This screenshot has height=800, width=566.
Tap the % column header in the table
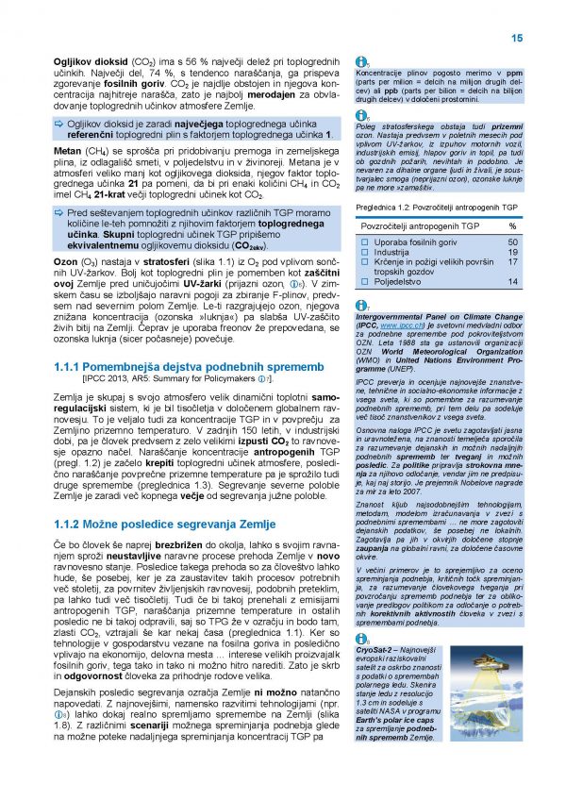[513, 226]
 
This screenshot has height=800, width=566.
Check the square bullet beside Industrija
[366, 253]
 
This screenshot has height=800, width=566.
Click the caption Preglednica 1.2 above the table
[383, 207]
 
